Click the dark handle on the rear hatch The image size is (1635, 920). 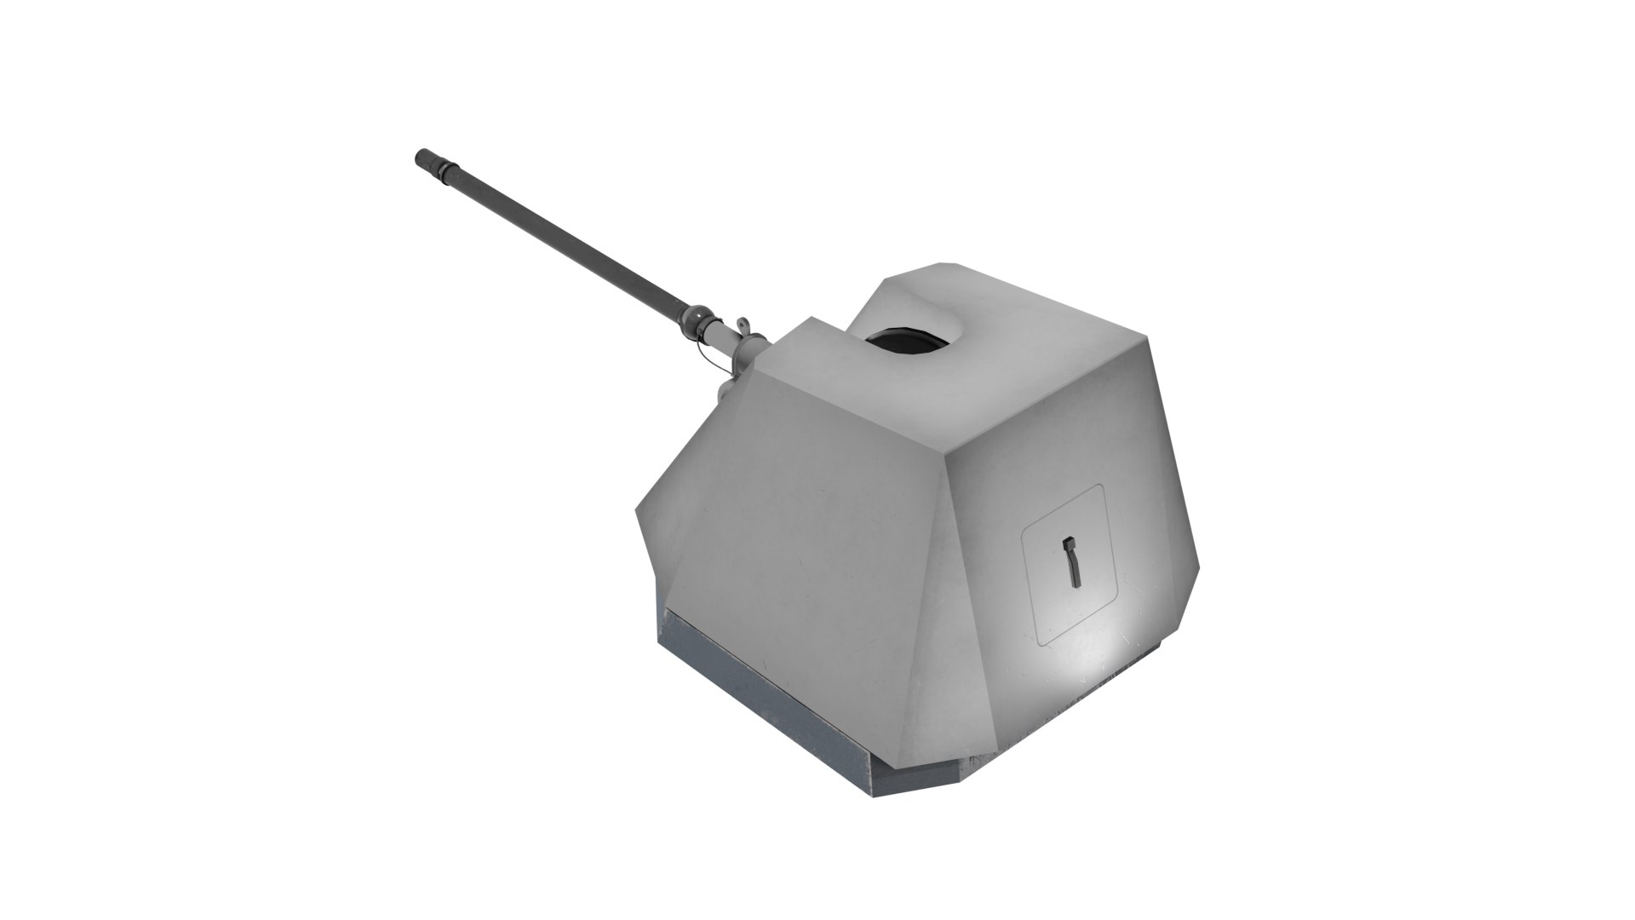[x=1072, y=562]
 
